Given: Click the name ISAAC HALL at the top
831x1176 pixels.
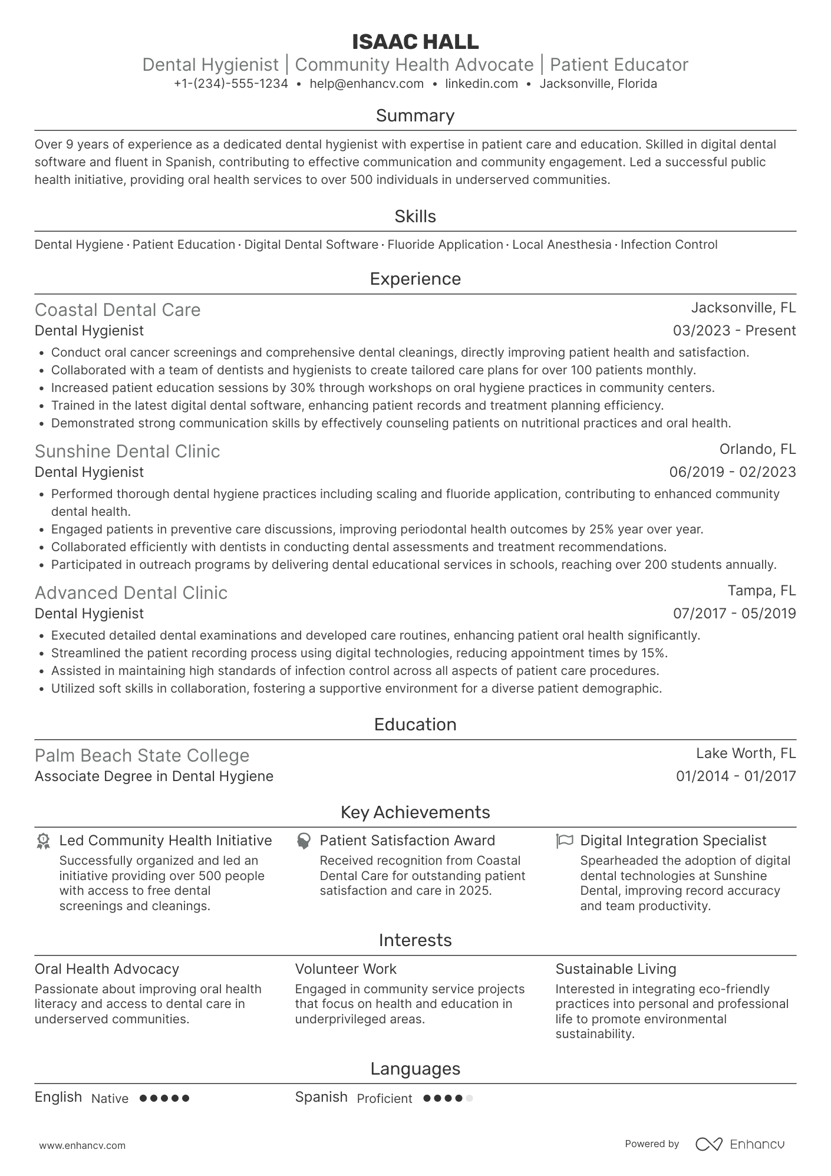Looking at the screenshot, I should (x=415, y=42).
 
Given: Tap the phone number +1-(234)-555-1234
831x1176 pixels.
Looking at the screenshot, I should (x=230, y=84).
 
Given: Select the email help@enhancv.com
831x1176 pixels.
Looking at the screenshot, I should (x=367, y=84).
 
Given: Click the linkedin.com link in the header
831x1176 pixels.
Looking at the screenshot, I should (x=482, y=84).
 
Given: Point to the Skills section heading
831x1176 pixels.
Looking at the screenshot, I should (x=415, y=216).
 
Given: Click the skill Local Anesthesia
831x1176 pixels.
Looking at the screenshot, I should (x=561, y=245).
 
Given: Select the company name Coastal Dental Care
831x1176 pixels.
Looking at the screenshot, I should (x=117, y=310).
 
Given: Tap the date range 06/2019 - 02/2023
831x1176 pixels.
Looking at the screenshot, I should (x=732, y=472).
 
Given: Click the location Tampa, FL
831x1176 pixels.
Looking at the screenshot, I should (x=761, y=591).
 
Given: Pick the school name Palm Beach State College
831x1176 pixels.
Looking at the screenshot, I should (x=141, y=756).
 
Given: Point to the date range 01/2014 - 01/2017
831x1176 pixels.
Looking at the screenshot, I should (x=736, y=776).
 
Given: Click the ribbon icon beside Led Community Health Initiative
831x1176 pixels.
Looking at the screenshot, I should (x=43, y=841).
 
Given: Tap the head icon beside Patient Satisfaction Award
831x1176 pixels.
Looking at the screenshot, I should (x=304, y=841).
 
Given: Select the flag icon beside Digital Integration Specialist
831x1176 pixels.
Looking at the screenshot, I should (x=564, y=841).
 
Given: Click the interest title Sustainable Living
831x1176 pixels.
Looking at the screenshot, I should (x=615, y=969).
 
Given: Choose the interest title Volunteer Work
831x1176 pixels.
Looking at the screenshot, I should (x=345, y=969).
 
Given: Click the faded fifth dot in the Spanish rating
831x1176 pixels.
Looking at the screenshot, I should (x=469, y=1098).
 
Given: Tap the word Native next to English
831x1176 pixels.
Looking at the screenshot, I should (x=110, y=1098).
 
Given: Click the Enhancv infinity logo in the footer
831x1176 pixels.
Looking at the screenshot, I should (x=708, y=1144).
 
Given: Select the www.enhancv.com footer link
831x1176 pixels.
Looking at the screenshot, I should (x=82, y=1145).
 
